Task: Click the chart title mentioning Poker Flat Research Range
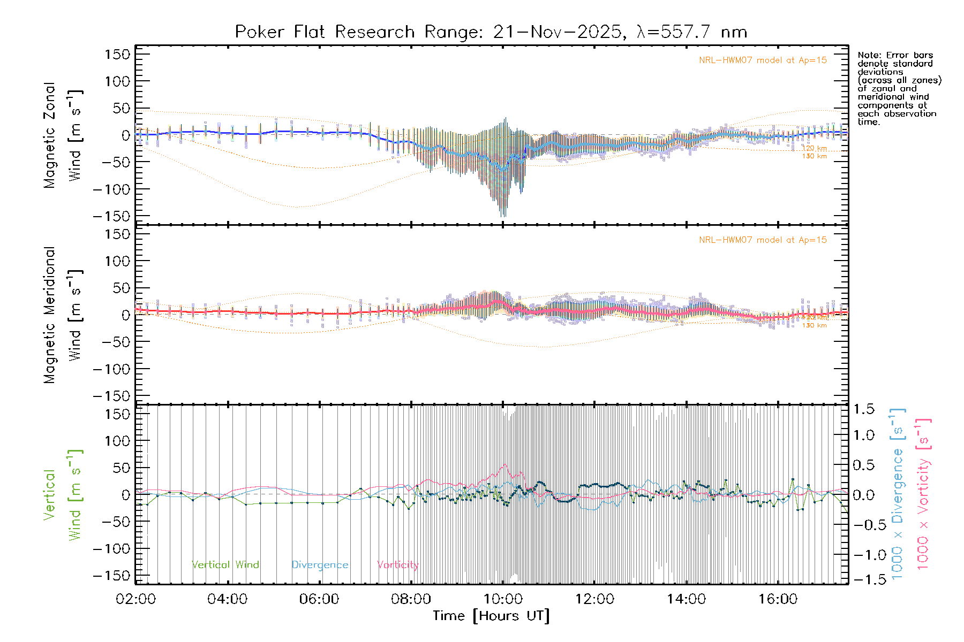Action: point(491,32)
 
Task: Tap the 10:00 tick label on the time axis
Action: point(503,599)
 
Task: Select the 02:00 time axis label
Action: point(135,599)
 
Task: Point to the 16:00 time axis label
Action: point(778,599)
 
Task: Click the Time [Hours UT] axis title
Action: point(491,616)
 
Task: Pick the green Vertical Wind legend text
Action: point(225,564)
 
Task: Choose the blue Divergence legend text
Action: point(320,564)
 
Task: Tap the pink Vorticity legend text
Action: point(397,564)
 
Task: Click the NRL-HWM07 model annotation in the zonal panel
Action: point(763,60)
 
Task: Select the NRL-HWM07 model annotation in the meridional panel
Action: point(763,240)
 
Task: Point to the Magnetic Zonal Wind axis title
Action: point(63,135)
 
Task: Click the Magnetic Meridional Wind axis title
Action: point(63,315)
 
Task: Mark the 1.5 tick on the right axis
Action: point(864,409)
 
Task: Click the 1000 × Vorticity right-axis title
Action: point(923,493)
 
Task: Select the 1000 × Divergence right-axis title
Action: point(898,493)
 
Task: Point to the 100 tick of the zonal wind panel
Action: point(118,81)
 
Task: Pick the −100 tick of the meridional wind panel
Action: point(112,369)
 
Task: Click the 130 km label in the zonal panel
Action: point(814,156)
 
